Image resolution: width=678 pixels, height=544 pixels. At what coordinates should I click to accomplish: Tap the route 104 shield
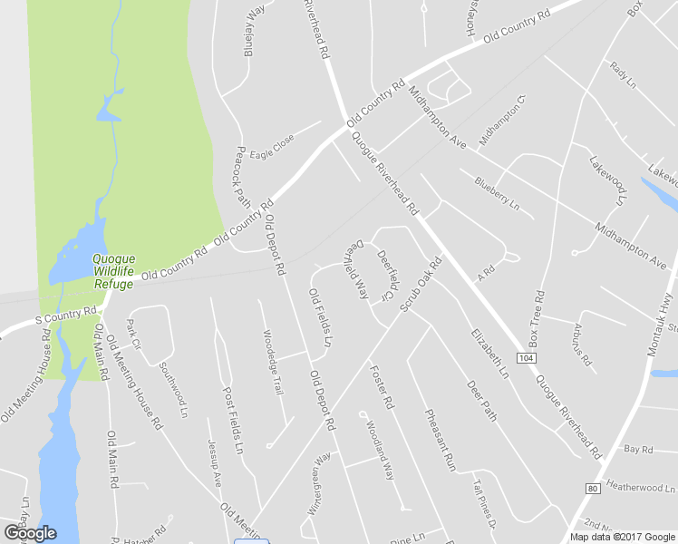(x=527, y=359)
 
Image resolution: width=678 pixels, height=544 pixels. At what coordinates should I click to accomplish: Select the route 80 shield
(x=594, y=489)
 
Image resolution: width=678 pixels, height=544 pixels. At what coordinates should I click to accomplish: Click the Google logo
(x=30, y=533)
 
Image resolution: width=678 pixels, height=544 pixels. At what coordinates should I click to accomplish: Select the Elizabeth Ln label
(x=488, y=353)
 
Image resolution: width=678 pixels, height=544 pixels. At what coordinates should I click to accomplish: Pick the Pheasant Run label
(x=440, y=438)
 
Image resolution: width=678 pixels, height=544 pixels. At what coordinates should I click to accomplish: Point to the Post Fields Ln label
(x=234, y=420)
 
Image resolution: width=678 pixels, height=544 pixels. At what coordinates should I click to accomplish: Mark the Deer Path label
(x=481, y=400)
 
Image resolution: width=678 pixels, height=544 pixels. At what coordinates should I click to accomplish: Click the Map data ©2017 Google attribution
(x=622, y=537)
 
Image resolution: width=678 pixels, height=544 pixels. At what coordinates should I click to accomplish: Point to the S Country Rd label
(x=65, y=315)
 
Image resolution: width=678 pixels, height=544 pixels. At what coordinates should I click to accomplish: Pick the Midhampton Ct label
(x=502, y=119)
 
